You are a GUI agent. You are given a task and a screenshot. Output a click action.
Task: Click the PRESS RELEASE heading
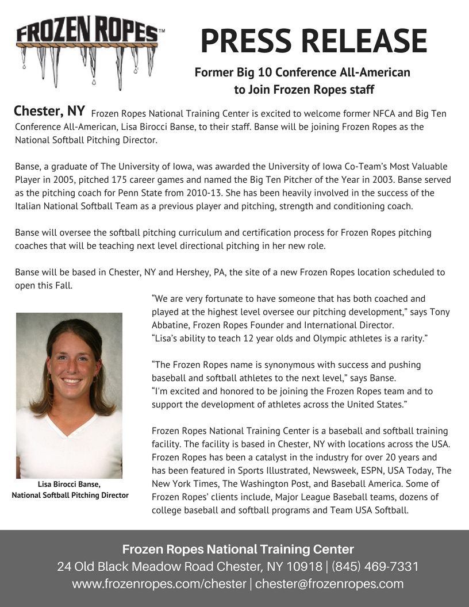(x=314, y=41)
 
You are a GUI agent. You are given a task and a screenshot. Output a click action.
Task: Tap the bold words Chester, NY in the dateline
(x=49, y=111)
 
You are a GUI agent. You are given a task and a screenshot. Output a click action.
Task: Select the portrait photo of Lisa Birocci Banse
(x=69, y=395)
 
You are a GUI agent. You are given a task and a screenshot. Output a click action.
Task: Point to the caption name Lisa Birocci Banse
(x=69, y=485)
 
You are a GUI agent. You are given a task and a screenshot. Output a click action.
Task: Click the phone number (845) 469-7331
(x=375, y=567)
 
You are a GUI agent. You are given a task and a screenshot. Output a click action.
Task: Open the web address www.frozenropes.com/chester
(x=159, y=584)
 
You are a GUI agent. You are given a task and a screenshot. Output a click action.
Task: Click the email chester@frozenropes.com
(x=329, y=584)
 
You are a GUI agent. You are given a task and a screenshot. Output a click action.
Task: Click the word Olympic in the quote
(x=330, y=339)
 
